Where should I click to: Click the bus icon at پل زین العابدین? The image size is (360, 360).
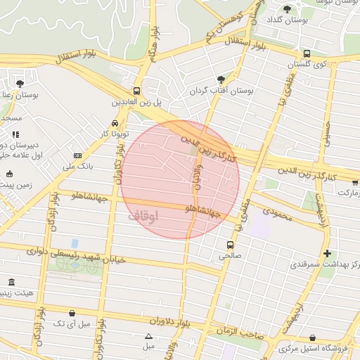(x=136, y=91)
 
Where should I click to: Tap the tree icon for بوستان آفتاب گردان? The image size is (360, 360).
(x=222, y=79)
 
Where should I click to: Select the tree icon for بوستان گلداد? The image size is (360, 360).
(x=287, y=8)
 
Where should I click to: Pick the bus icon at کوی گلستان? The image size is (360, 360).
(x=307, y=53)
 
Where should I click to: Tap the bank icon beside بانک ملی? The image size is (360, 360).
(x=77, y=155)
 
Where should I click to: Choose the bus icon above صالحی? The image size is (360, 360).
(x=231, y=245)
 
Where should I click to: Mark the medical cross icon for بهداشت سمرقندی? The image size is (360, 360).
(x=326, y=253)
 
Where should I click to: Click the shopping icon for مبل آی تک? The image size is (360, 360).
(x=72, y=313)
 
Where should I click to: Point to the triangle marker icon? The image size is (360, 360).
(x=148, y=336)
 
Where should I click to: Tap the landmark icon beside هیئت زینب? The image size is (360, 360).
(x=10, y=283)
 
